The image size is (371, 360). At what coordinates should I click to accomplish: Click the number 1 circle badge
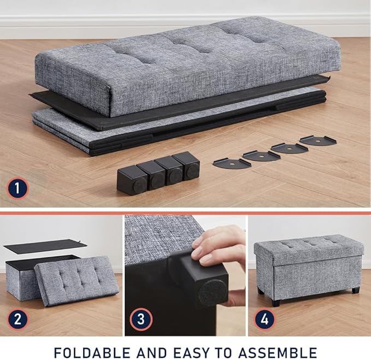(17, 190)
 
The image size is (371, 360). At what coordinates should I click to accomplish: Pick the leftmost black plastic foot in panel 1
(131, 180)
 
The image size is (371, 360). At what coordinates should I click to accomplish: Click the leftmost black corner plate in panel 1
(232, 162)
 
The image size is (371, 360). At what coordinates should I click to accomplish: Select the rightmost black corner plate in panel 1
(318, 140)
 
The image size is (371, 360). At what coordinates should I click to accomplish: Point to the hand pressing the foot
(221, 249)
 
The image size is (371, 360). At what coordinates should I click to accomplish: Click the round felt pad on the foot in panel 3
(212, 292)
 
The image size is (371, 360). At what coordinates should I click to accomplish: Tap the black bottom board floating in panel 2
(44, 246)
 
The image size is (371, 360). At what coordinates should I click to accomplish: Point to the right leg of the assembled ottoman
(356, 290)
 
